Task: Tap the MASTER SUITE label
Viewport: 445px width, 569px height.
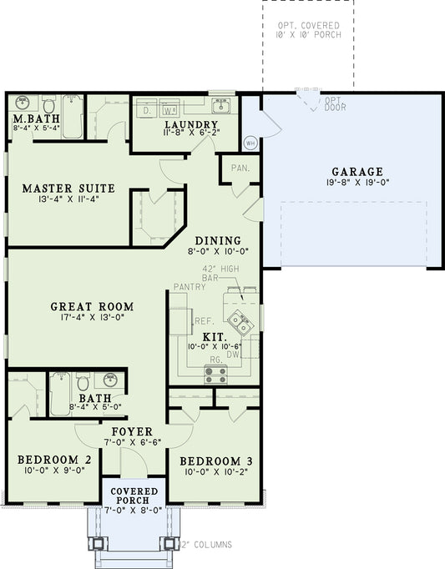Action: (68, 188)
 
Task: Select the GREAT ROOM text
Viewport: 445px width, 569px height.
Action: (91, 306)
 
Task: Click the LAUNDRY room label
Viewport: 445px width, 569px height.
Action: (190, 125)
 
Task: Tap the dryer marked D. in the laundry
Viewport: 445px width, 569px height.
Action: (147, 109)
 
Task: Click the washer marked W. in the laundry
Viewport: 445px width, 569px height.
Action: (169, 109)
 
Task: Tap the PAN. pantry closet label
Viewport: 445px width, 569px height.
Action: (240, 168)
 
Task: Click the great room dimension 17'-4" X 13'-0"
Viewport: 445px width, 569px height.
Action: (91, 317)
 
